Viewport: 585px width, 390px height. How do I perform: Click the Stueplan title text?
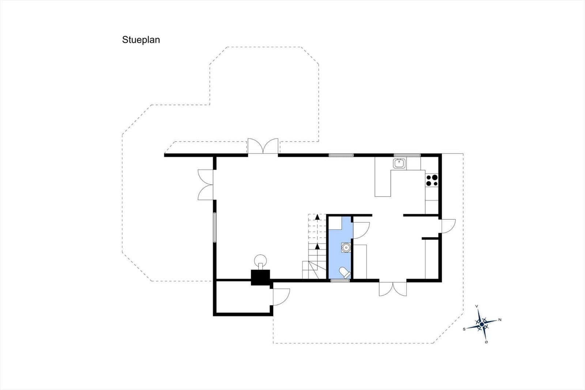click(x=141, y=40)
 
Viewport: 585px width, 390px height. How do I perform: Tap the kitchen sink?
click(x=399, y=164)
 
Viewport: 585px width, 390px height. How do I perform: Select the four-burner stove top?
click(x=432, y=180)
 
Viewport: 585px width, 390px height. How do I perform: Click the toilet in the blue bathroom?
click(x=345, y=273)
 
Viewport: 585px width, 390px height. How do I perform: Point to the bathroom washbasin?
click(x=346, y=247)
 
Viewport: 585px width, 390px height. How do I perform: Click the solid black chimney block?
click(x=260, y=277)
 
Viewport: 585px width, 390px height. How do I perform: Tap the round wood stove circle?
click(x=261, y=260)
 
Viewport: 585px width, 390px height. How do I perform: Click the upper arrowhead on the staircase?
click(x=317, y=217)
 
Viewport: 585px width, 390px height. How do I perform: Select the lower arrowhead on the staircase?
click(x=317, y=246)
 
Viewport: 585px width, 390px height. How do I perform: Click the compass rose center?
click(x=482, y=324)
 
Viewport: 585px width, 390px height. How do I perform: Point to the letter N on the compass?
click(x=500, y=319)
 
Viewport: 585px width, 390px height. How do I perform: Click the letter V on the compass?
click(x=477, y=306)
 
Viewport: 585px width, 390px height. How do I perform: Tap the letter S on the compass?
click(x=464, y=329)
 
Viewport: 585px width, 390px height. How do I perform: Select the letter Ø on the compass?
click(x=486, y=342)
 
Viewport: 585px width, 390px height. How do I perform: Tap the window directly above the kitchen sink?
click(x=407, y=155)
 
